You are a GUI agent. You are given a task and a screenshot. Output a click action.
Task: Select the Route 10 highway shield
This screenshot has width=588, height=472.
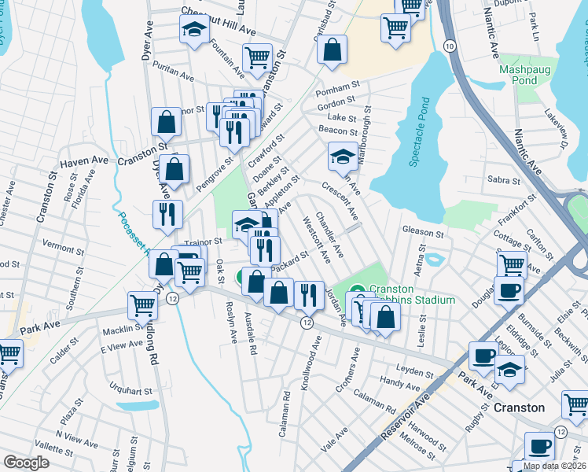[449, 47]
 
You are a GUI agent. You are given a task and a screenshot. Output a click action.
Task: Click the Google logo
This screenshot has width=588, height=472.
[26, 463]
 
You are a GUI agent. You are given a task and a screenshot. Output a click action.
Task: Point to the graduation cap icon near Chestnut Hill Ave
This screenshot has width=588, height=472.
[192, 31]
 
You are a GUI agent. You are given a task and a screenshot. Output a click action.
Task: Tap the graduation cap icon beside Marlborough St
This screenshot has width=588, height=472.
[342, 157]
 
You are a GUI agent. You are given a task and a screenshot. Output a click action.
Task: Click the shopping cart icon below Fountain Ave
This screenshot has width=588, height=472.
[257, 58]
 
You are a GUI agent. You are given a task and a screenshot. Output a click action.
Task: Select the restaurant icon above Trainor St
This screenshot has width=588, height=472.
[167, 214]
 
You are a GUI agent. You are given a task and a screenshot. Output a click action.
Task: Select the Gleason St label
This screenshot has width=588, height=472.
[424, 234]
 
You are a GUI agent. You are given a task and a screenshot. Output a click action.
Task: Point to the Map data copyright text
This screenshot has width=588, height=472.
[554, 466]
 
